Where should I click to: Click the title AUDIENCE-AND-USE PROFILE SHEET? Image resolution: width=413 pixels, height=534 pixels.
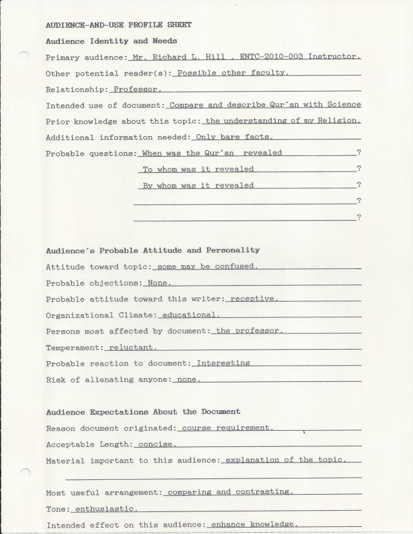119,25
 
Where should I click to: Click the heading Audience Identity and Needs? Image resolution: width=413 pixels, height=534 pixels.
111,41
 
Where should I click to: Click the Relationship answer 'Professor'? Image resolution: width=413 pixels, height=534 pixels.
137,89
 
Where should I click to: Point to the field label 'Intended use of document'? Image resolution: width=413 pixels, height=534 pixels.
105,104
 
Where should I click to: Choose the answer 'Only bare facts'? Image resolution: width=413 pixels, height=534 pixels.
234,137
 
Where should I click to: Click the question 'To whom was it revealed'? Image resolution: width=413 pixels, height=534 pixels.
198,169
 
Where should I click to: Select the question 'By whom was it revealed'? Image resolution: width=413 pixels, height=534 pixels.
198,185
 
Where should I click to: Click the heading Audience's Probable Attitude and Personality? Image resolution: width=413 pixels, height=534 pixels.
153,250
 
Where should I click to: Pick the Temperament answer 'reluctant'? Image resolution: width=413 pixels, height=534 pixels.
133,347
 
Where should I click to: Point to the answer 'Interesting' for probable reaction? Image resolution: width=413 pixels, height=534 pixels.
223,363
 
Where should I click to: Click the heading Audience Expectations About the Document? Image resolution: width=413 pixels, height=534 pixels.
143,411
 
